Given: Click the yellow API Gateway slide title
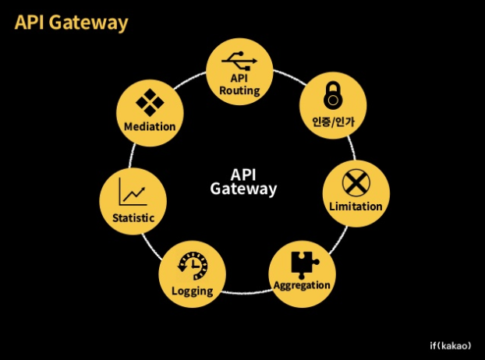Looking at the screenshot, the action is [71, 23].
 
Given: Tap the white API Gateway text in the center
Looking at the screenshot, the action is [243, 182].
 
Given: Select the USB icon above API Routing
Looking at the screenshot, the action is [239, 61].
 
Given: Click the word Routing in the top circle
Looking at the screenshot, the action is [239, 91].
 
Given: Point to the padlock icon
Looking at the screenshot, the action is [333, 95].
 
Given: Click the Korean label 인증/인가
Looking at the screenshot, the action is [333, 122].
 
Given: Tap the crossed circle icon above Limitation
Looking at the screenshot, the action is [356, 182].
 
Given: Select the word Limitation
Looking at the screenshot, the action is [356, 206].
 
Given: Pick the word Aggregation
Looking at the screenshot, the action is [302, 285].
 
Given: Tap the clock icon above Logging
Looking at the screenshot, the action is [193, 266].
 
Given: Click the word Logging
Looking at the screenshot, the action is [193, 291].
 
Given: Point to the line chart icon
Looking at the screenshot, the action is [133, 192].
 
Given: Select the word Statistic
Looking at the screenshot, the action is [133, 218].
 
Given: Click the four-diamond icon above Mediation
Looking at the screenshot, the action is [150, 103].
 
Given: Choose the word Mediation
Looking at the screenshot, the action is [150, 127].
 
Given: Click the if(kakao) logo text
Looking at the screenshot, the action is [451, 345].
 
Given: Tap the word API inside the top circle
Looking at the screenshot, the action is [239, 78].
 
